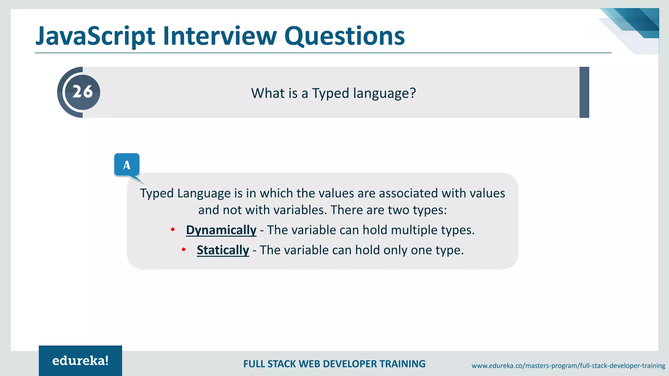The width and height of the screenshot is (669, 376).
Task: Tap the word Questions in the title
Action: (344, 36)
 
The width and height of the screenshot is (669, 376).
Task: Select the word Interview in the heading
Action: (220, 36)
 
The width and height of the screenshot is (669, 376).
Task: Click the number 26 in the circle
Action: (82, 92)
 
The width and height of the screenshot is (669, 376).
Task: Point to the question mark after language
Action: (413, 93)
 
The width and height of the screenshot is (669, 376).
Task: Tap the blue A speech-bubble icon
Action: (127, 165)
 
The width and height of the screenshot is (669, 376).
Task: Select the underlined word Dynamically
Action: (221, 230)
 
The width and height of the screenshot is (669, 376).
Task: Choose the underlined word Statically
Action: (223, 250)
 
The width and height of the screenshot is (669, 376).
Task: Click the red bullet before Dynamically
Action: (173, 230)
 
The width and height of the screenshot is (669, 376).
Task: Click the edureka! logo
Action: (80, 361)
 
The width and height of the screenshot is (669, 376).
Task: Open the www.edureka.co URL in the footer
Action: (568, 366)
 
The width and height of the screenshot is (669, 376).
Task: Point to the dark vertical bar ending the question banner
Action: (584, 92)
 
